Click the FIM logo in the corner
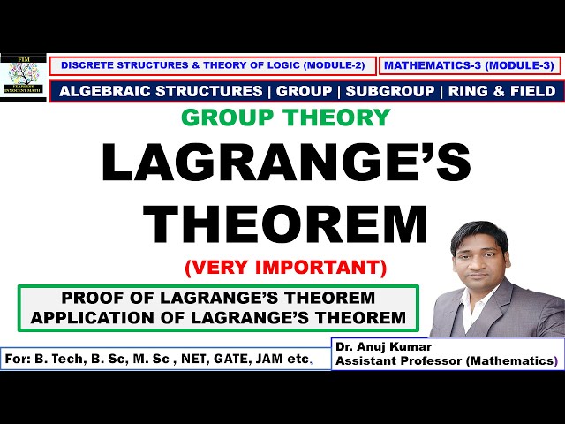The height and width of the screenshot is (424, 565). [23, 78]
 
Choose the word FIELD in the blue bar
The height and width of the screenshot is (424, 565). [531, 91]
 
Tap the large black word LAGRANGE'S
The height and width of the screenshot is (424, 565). [285, 164]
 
